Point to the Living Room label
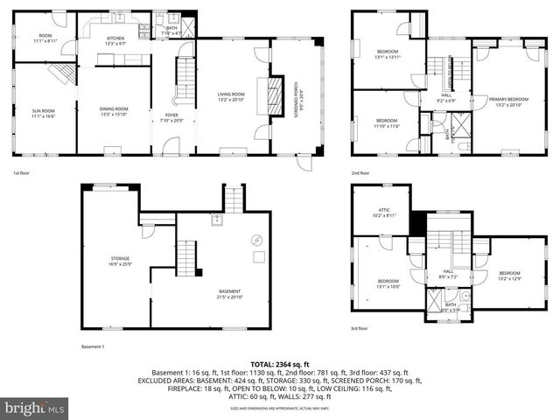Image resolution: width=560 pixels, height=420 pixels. [232, 96]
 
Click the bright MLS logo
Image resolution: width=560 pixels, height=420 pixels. [35, 408]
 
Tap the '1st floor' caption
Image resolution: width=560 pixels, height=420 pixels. [23, 173]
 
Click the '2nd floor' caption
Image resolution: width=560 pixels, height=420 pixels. [360, 173]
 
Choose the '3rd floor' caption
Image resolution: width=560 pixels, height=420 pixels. [360, 328]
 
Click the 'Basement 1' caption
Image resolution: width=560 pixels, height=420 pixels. [93, 347]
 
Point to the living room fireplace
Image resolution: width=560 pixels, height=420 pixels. [274, 90]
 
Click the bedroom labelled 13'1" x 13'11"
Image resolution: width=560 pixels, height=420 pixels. [388, 53]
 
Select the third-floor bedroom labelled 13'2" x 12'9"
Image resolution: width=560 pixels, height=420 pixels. [509, 276]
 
